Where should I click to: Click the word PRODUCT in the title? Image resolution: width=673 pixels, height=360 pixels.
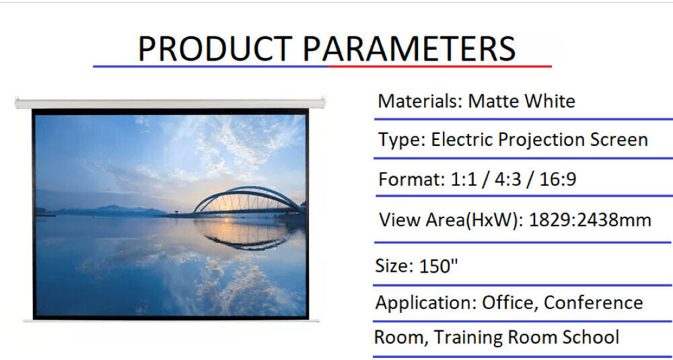[215, 48]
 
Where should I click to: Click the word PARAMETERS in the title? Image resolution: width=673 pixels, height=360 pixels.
[409, 48]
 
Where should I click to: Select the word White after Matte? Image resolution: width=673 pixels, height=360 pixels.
[550, 101]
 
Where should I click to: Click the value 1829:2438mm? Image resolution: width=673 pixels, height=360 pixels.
[590, 220]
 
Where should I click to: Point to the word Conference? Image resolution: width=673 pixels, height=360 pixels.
[593, 303]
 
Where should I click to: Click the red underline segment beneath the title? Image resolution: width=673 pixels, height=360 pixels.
[440, 67]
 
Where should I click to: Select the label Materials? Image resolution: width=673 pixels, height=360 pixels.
[419, 101]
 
